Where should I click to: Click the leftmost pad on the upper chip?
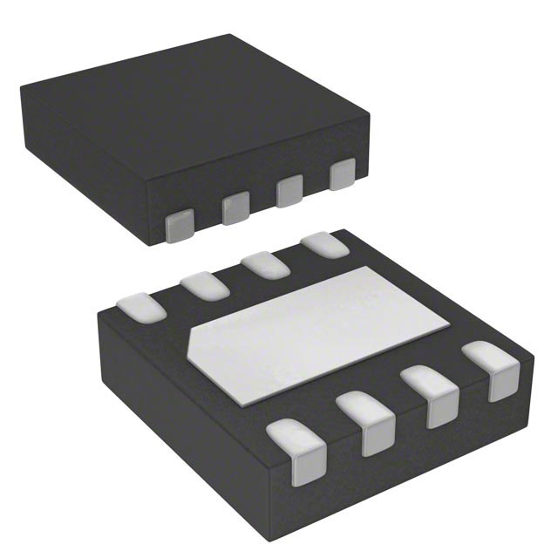pyautogui.click(x=180, y=224)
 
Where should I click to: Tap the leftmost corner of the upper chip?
pyautogui.click(x=19, y=84)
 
